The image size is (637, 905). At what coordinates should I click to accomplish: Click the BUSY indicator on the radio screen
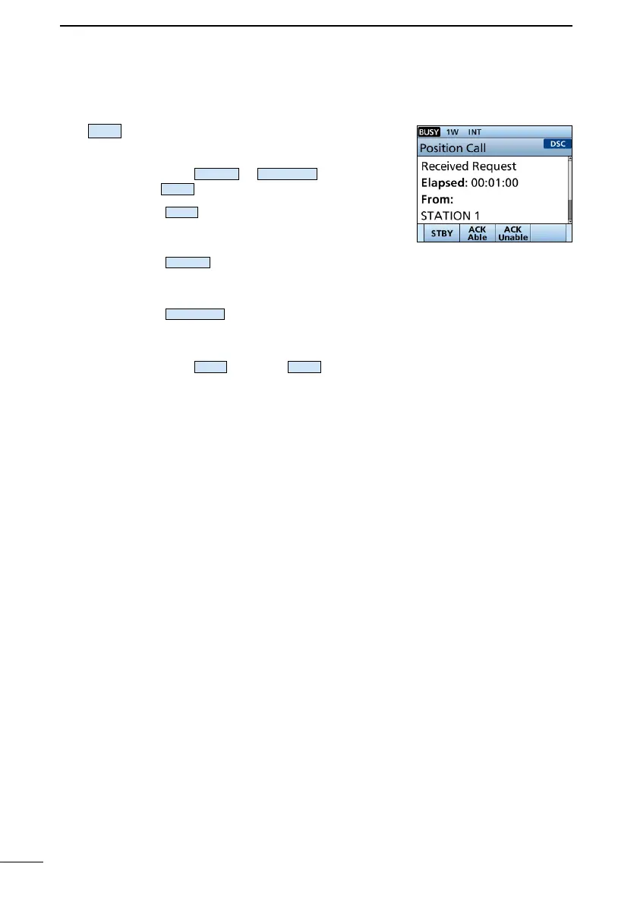point(430,132)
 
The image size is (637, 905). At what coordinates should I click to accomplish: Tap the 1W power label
point(453,132)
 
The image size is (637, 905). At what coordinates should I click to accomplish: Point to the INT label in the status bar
point(475,132)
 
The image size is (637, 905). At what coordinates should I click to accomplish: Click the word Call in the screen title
point(476,148)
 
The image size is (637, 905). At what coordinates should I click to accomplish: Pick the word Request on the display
point(494,166)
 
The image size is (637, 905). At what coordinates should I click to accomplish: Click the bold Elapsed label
point(443,183)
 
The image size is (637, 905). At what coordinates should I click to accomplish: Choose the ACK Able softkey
point(478,233)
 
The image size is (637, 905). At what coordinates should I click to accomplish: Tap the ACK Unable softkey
point(512,233)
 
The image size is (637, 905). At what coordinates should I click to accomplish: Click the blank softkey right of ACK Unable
point(547,233)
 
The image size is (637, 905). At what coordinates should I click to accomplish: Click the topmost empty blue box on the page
point(105,131)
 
